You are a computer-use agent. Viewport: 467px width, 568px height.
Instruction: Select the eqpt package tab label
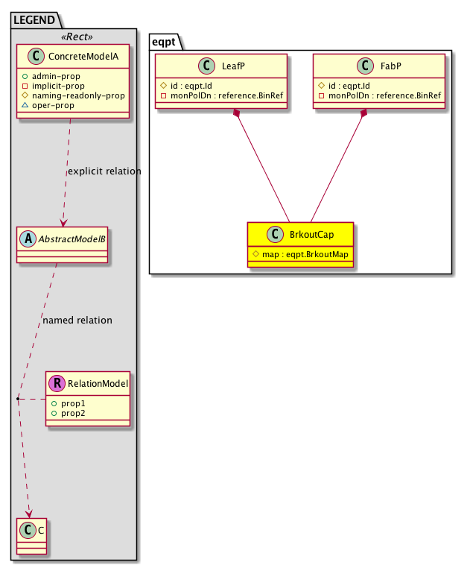point(165,41)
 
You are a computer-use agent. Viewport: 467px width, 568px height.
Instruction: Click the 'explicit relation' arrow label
point(104,171)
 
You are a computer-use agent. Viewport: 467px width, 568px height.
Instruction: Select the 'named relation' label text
point(77,321)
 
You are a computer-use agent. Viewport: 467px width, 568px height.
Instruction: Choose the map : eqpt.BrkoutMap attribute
point(300,253)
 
